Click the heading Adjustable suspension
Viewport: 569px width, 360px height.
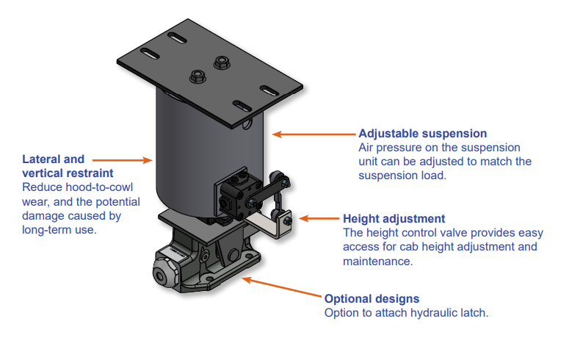coord(422,134)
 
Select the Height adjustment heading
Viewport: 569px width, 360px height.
coord(394,219)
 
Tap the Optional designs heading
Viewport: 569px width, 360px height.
coord(372,299)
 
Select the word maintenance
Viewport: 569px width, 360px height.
coord(377,260)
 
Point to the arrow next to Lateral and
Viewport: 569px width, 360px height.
coord(122,159)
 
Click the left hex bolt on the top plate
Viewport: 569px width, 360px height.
coord(197,75)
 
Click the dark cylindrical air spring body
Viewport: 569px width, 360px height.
coord(206,154)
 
